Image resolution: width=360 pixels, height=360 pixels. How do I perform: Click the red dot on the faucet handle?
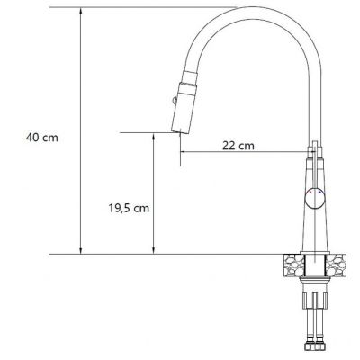point(310,194)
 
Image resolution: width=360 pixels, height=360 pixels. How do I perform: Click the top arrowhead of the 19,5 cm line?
point(154,138)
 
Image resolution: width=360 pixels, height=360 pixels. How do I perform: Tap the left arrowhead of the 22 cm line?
point(185,152)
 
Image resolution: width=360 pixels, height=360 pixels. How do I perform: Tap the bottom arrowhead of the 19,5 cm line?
point(154,250)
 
